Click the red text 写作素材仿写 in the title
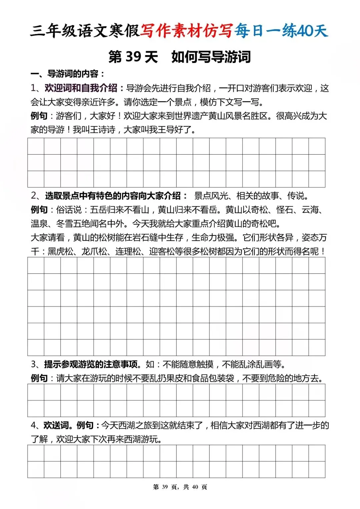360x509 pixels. point(186,31)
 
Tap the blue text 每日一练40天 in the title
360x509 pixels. point(281,31)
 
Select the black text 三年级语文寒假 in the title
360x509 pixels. point(85,31)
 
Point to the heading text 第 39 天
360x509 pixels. point(133,57)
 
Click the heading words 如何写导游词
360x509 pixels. point(211,57)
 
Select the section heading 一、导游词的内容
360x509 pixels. point(68,74)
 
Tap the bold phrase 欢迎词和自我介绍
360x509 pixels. point(81,88)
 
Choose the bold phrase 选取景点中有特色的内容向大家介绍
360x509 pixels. point(113,196)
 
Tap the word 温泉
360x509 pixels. point(39,224)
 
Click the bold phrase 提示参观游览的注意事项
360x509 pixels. point(91,364)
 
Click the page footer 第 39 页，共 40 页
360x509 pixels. point(180,487)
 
